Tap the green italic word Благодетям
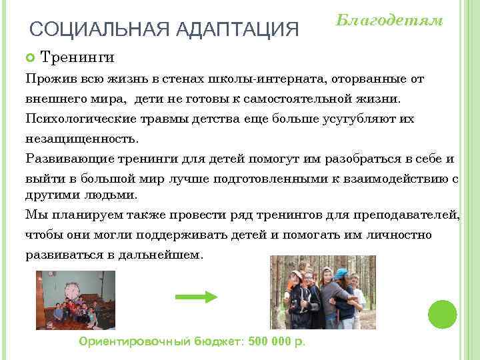389,20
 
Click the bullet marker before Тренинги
29,58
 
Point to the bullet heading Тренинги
77,58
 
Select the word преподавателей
409,215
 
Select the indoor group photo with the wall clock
75,300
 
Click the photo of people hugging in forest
323,293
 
